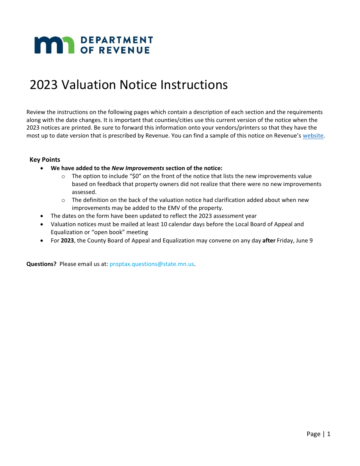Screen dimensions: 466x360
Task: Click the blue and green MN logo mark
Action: (54, 45)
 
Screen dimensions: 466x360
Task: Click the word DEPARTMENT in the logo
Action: (117, 40)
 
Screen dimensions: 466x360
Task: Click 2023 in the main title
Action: (44, 84)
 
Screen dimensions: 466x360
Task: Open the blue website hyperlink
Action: (313, 136)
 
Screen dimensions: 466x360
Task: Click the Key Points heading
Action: (45, 160)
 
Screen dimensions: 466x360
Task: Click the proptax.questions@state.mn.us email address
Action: (152, 264)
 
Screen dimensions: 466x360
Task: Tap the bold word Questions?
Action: (41, 264)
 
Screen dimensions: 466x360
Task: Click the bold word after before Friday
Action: (269, 241)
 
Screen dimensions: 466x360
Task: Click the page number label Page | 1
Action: (318, 434)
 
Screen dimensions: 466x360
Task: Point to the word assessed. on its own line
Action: (84, 192)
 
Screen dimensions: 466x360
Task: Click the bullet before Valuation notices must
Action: (42, 224)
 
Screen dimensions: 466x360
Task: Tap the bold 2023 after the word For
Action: (67, 241)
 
